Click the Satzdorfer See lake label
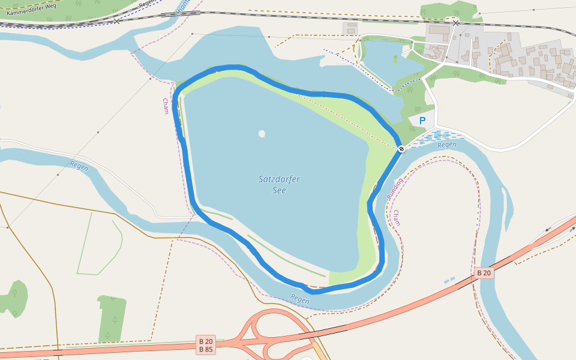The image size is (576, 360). click(x=278, y=184)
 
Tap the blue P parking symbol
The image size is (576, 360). click(x=422, y=121)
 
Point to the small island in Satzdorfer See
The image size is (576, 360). click(x=262, y=134)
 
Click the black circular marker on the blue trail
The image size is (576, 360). click(x=401, y=148)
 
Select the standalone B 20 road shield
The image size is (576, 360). click(x=484, y=273)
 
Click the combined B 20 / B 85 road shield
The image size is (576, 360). click(x=206, y=345)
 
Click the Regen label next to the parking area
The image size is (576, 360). click(x=447, y=145)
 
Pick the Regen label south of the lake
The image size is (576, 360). click(x=299, y=298)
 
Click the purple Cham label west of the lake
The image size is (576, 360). click(x=166, y=106)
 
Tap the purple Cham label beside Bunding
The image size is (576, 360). click(x=397, y=218)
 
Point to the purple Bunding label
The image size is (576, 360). click(x=394, y=189)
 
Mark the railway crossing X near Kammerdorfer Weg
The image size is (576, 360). click(x=116, y=20)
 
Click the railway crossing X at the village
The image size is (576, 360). click(x=456, y=23)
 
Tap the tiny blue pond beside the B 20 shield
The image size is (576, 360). click(x=449, y=280)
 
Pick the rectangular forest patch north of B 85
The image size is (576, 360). click(x=112, y=317)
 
